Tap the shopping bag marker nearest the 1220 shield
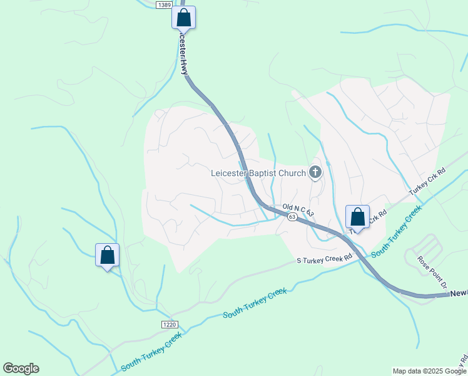[x=107, y=254]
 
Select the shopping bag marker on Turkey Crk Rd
[x=357, y=217]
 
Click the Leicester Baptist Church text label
[x=258, y=173]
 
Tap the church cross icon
[x=315, y=172]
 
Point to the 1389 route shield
[x=164, y=4]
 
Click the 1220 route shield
[x=169, y=324]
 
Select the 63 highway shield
[x=292, y=217]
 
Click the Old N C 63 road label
[x=297, y=208]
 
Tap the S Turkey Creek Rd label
[x=324, y=258]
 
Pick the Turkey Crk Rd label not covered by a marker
[x=427, y=181]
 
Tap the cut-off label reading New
[x=459, y=293]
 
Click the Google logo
[x=21, y=368]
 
